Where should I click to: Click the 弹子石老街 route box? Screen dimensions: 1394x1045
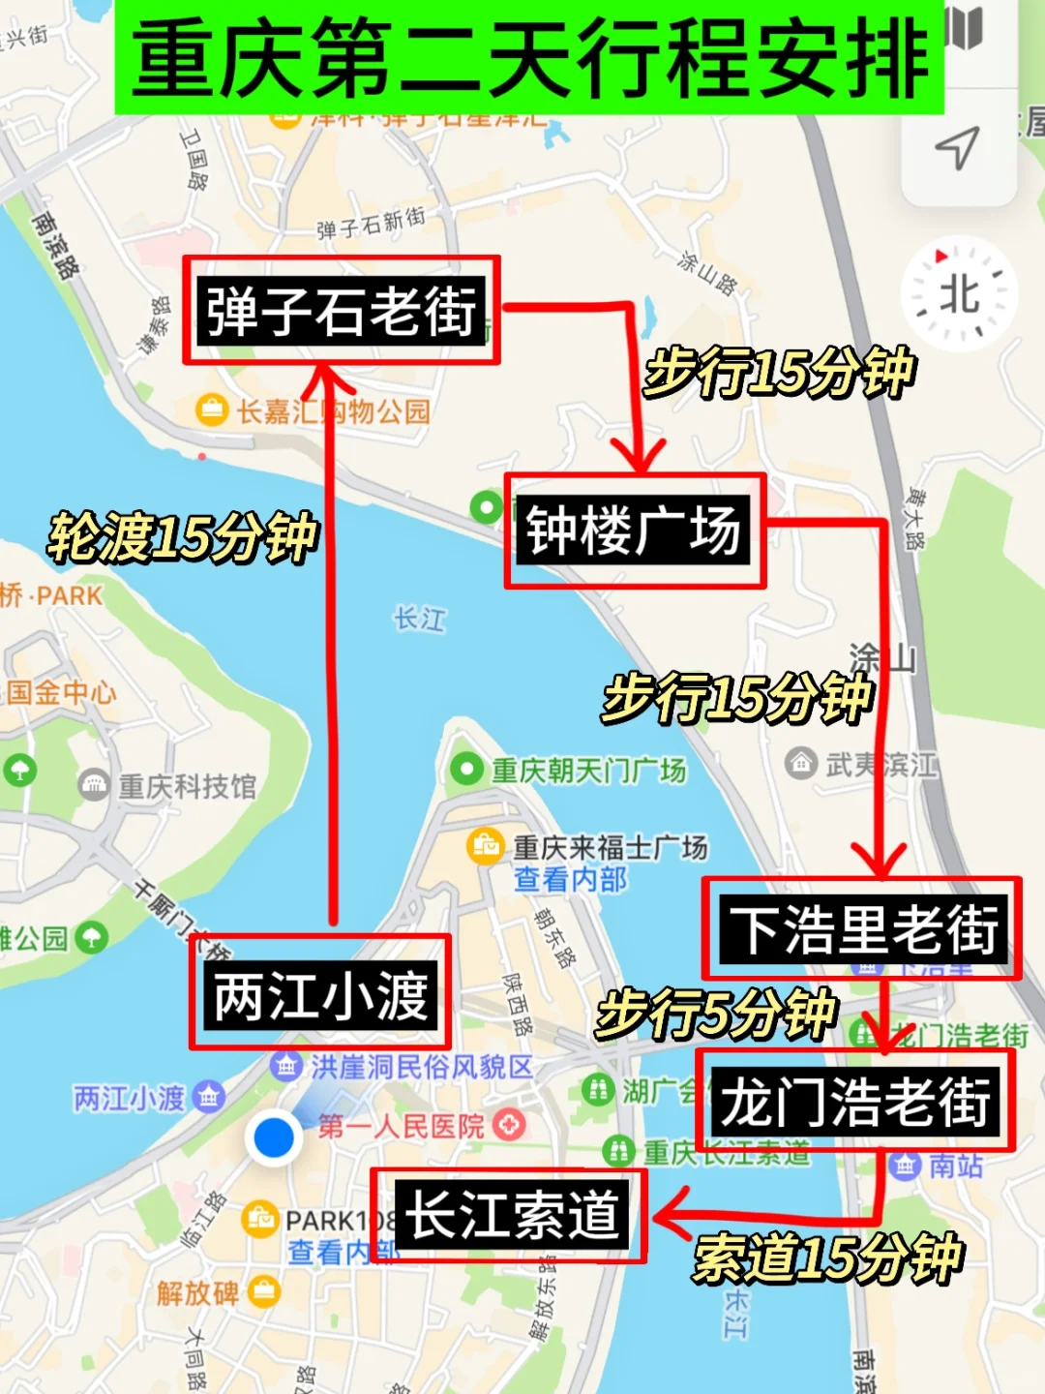pos(341,311)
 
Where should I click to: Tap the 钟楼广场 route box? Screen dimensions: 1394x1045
pos(634,530)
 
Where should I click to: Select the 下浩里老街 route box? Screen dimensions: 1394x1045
pos(862,928)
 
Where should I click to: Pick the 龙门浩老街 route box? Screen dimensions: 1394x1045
pos(854,1101)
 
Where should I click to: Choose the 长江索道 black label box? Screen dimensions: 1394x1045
pos(510,1215)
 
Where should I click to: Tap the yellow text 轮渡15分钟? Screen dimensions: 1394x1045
pos(183,537)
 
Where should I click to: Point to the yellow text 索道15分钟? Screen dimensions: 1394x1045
pos(828,1258)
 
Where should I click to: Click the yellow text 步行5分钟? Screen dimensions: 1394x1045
pos(715,1014)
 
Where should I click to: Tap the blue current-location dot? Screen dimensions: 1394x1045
pos(274,1136)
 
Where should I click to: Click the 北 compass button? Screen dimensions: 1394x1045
pos(959,293)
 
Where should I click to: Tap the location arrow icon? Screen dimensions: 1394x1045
pos(957,148)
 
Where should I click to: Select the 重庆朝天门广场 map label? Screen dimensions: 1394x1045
pos(588,771)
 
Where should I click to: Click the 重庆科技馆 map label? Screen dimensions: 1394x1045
pos(187,786)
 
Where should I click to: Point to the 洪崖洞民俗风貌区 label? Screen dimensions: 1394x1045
pos(422,1067)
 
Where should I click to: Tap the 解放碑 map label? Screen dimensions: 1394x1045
pos(198,1292)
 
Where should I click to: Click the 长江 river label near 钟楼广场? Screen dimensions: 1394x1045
pos(419,619)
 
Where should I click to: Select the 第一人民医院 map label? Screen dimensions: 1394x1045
pos(401,1126)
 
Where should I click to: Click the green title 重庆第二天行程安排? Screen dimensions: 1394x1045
pos(529,58)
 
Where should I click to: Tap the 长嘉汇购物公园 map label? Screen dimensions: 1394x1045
pos(333,411)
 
